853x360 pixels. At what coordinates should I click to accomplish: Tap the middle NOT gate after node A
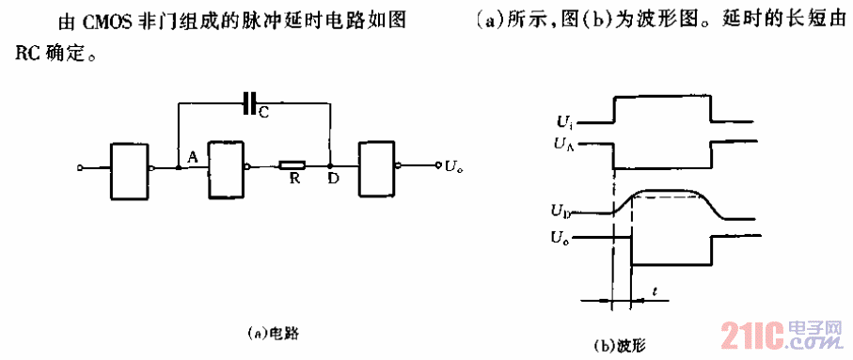227,169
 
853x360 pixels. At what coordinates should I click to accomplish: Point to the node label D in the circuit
334,180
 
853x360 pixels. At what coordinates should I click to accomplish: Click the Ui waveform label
564,121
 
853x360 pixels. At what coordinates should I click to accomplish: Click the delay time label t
654,292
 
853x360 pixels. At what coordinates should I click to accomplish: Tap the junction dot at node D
330,168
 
